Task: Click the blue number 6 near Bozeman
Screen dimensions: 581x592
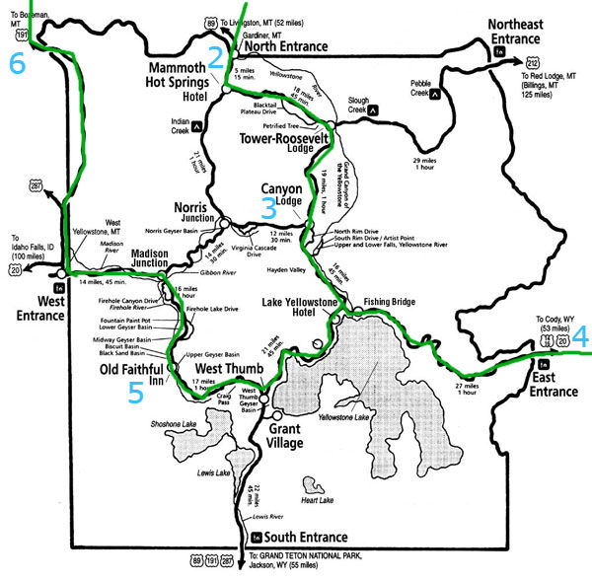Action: click(17, 64)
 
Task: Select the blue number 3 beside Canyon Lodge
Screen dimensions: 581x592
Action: click(268, 208)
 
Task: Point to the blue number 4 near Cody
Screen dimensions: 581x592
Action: click(580, 336)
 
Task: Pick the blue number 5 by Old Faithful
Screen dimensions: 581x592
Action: click(135, 393)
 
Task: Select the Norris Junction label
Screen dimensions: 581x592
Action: click(193, 213)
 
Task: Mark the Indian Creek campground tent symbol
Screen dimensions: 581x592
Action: click(198, 125)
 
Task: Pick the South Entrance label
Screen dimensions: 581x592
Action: click(306, 538)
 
